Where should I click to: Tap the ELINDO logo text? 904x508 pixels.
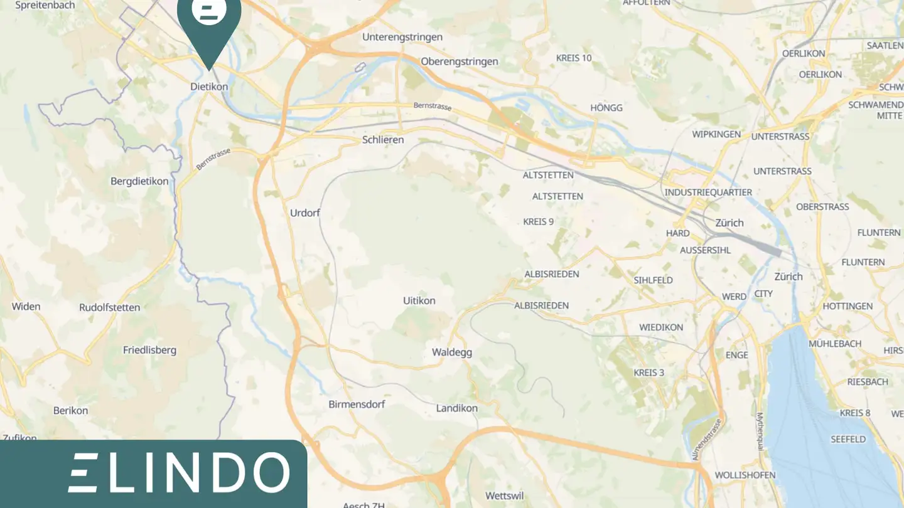(179, 472)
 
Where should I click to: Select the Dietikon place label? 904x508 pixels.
(209, 87)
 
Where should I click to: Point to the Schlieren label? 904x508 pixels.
(383, 140)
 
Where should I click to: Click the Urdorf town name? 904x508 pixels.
(305, 213)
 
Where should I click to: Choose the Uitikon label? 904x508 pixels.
(419, 301)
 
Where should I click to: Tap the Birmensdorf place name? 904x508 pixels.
(357, 405)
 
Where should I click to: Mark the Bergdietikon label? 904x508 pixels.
(139, 182)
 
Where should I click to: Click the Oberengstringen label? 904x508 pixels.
(460, 61)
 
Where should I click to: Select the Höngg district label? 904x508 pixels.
(606, 108)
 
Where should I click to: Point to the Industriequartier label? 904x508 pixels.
(708, 193)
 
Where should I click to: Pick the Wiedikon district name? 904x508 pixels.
(661, 327)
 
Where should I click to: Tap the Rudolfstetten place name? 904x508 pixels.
(110, 308)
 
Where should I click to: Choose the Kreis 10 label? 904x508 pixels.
(574, 58)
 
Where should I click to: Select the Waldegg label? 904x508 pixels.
(452, 352)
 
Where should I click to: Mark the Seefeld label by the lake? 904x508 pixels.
(848, 440)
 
